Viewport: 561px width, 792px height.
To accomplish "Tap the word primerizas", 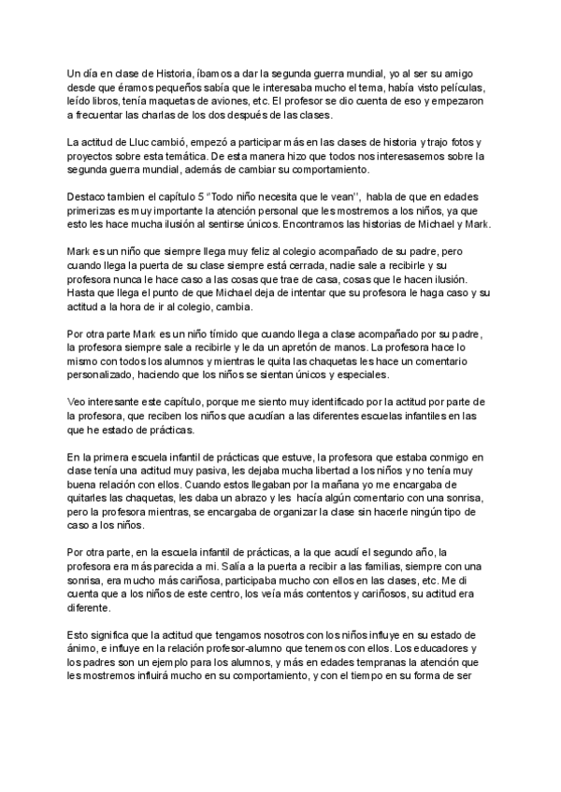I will coord(97,212).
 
